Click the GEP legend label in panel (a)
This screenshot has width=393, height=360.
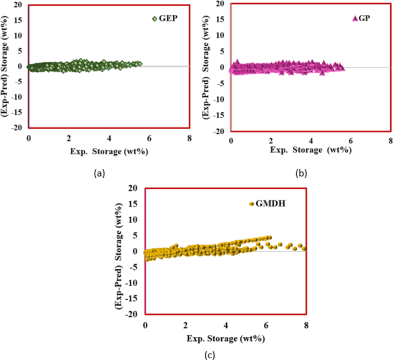point(169,18)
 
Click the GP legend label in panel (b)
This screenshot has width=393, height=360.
point(364,18)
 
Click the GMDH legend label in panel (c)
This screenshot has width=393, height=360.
point(269,203)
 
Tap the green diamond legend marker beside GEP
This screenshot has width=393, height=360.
point(154,18)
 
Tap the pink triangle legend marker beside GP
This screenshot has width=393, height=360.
point(355,18)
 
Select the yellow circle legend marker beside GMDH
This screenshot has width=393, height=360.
point(251,204)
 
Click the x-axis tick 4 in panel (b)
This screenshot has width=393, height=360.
point(310,141)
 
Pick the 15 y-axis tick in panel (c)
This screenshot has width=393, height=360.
point(134,204)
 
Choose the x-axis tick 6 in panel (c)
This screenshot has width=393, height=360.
point(266,325)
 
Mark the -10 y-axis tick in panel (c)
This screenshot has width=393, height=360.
point(133,283)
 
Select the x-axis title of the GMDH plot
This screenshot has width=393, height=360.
point(225,338)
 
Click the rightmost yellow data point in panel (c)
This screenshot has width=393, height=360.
point(304,249)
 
